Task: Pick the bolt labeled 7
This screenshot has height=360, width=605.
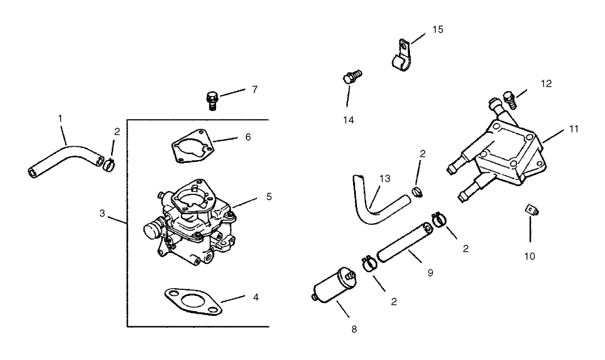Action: coord(211,100)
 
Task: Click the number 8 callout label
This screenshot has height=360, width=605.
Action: coord(354,330)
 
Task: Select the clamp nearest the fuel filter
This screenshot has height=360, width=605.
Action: coord(369,262)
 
